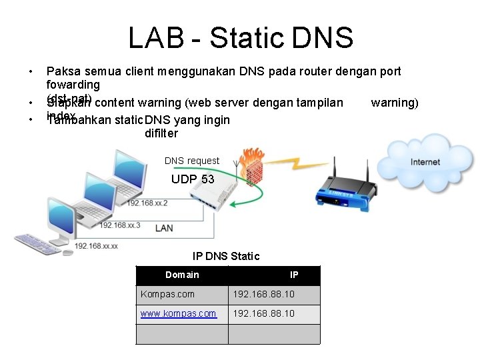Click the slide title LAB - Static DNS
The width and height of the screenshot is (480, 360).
click(240, 38)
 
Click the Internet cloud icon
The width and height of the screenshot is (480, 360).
click(425, 161)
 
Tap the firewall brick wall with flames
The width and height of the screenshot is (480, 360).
click(253, 164)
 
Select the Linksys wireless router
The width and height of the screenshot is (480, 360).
click(345, 185)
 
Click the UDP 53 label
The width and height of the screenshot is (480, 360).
click(193, 179)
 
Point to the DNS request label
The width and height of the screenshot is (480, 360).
click(191, 161)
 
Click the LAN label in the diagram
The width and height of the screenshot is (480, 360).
click(164, 228)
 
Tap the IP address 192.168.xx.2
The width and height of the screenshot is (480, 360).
click(147, 203)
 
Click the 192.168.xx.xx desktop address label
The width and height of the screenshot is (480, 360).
click(96, 246)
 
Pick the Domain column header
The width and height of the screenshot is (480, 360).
click(182, 275)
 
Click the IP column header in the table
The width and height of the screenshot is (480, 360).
click(294, 275)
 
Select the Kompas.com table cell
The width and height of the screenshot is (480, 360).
click(167, 294)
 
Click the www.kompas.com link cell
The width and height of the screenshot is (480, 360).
click(178, 313)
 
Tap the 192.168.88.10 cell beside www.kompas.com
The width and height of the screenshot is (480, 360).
click(263, 313)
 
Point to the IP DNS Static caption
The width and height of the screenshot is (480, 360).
click(226, 256)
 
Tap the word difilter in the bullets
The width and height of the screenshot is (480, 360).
click(161, 133)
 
